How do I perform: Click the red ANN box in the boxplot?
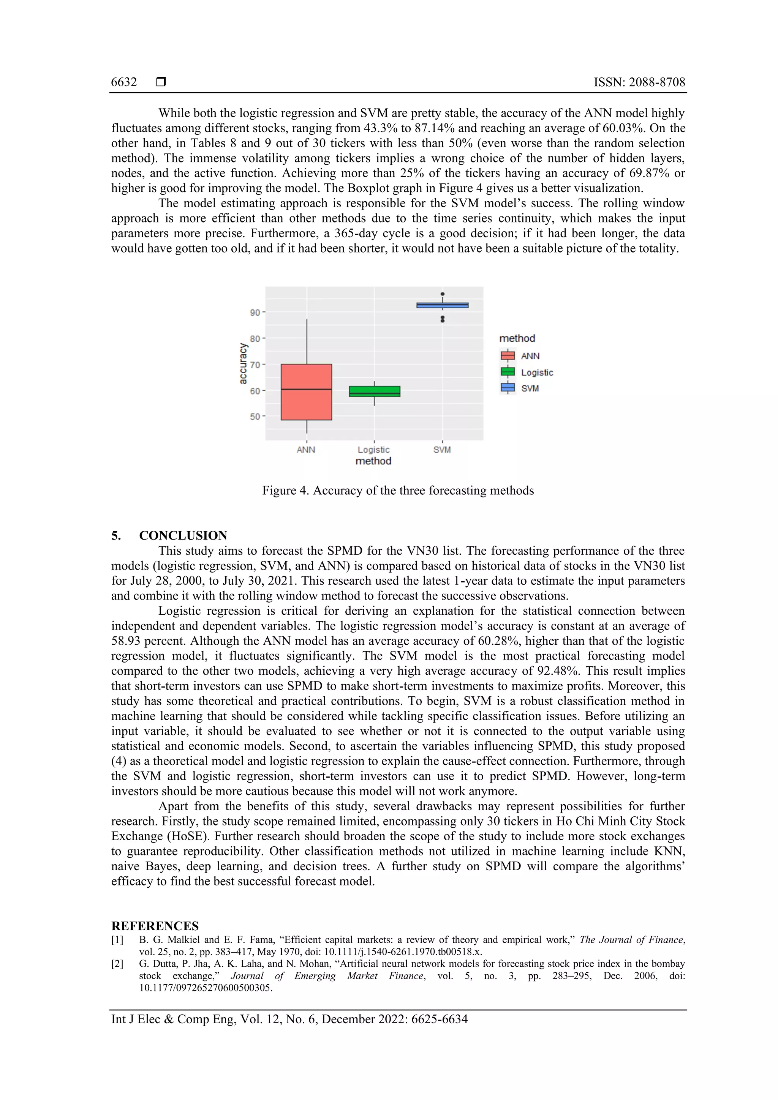pos(306,392)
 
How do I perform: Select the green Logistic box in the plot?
pos(375,391)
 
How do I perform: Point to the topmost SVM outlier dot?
pos(443,294)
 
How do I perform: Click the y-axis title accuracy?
pos(243,363)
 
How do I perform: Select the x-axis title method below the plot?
pos(373,461)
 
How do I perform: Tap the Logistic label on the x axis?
pos(373,450)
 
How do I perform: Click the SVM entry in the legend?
pos(530,388)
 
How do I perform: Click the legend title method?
pos(517,338)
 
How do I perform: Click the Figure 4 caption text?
pos(398,491)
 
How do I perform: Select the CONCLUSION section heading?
pos(183,536)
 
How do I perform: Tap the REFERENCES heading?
pos(155,926)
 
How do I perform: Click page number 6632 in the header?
pos(124,82)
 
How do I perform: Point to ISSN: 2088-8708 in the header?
pos(639,82)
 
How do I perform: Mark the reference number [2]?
pos(117,963)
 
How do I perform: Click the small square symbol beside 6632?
pos(161,82)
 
